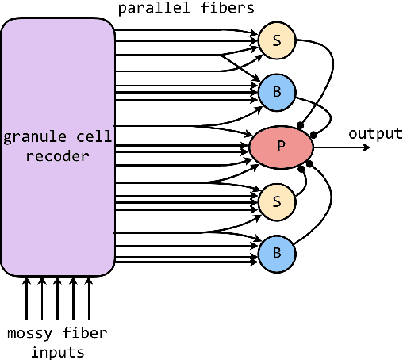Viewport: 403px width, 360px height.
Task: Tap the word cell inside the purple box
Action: (85, 136)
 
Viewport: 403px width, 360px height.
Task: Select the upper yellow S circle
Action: (277, 39)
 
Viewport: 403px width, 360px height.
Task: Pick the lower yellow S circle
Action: (277, 201)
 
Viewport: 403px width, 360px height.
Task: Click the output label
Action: (376, 133)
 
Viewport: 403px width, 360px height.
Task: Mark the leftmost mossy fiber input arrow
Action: (27, 297)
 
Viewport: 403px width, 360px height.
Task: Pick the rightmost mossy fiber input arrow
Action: (88, 297)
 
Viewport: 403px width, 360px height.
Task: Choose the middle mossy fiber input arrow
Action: (58, 297)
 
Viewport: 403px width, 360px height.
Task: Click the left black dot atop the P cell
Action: (301, 125)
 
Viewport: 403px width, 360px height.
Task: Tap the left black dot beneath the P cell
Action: (301, 168)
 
